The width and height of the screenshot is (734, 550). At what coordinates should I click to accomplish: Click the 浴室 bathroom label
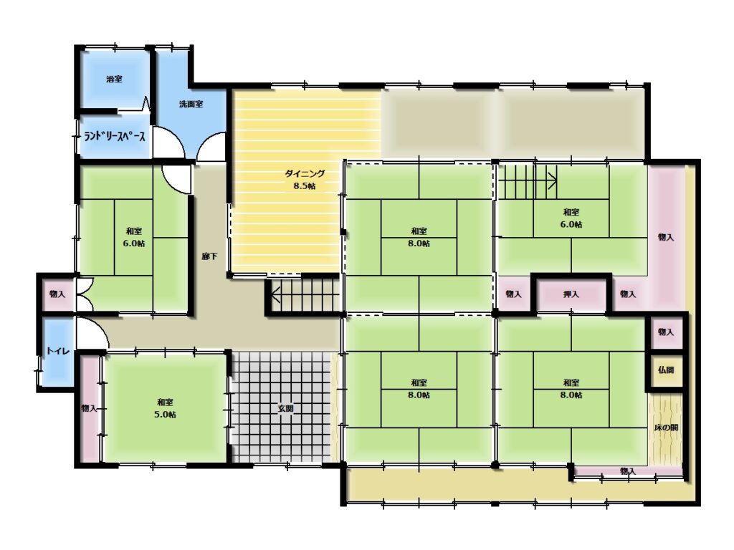click(x=114, y=79)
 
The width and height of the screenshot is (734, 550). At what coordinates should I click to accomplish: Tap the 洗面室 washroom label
click(x=191, y=104)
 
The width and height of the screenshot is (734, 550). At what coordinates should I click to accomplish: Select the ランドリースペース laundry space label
click(x=115, y=137)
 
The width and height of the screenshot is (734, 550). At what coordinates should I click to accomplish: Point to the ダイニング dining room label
click(x=305, y=173)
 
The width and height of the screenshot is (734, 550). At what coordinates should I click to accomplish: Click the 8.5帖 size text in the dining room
click(x=305, y=185)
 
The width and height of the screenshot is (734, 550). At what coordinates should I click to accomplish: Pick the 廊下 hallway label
click(x=209, y=256)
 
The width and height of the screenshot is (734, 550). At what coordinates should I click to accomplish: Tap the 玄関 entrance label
click(x=285, y=408)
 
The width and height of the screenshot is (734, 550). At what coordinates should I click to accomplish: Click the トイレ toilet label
click(x=59, y=351)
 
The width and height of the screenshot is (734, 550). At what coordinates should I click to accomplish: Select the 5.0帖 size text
click(x=166, y=415)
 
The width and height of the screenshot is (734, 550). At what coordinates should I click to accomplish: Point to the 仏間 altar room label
click(x=666, y=370)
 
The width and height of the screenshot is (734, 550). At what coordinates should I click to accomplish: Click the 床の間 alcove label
click(x=666, y=428)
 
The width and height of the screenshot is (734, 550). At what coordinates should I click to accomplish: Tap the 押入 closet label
click(x=571, y=294)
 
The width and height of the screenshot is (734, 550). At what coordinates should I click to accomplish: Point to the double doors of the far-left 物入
click(x=85, y=294)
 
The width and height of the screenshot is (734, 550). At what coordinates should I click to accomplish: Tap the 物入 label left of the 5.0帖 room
click(x=89, y=408)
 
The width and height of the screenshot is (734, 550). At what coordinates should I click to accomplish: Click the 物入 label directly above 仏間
click(x=666, y=332)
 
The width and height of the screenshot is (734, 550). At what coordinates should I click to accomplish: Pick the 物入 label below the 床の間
click(x=627, y=471)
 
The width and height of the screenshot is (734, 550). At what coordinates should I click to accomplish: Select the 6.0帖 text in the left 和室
click(x=134, y=243)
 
